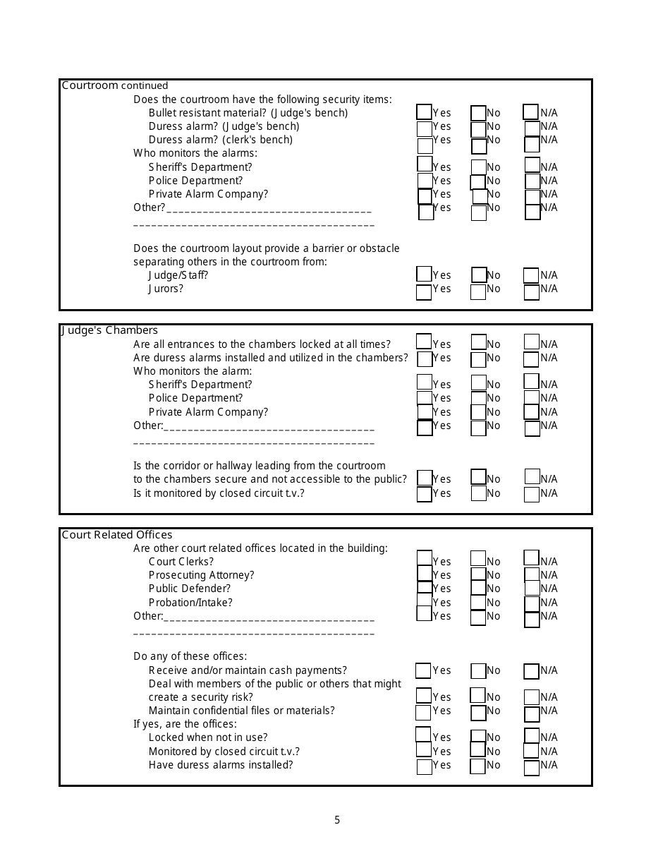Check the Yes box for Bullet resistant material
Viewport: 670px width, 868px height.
click(x=424, y=112)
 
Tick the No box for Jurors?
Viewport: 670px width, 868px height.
click(x=478, y=291)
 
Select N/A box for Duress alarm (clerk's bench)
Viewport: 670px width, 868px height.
click(x=532, y=145)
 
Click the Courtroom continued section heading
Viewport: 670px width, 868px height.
click(x=115, y=85)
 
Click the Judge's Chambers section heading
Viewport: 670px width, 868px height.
click(x=109, y=330)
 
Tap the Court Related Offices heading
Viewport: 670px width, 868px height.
click(x=117, y=535)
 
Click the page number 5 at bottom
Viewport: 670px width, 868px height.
click(x=337, y=820)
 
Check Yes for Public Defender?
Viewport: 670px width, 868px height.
click(x=425, y=588)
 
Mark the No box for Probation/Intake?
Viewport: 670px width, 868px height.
click(x=478, y=603)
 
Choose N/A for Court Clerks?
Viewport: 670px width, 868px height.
click(x=532, y=558)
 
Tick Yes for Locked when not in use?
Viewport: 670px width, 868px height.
click(x=423, y=735)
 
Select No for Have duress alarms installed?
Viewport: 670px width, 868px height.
click(x=478, y=766)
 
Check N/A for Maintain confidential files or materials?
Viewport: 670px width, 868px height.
click(x=532, y=713)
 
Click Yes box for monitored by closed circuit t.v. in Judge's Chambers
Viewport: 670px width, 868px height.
click(x=425, y=494)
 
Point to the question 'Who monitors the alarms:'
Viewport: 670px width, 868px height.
click(x=195, y=153)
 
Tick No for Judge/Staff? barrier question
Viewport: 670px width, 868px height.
click(x=480, y=275)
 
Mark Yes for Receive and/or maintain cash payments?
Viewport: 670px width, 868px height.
click(x=423, y=670)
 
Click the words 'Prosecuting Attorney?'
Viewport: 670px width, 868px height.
click(x=201, y=575)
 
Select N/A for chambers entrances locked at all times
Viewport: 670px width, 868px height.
click(x=532, y=342)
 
